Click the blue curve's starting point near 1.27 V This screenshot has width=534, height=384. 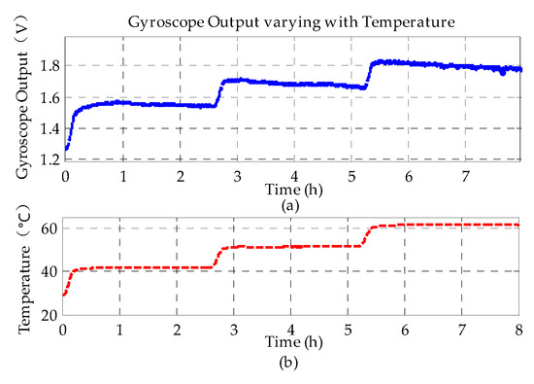point(66,150)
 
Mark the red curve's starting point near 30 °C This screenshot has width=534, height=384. point(64,294)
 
